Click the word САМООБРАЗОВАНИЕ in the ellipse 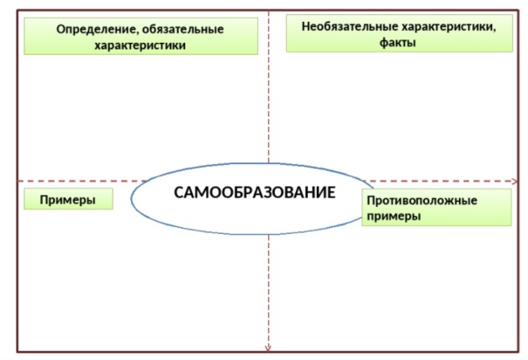click(x=254, y=193)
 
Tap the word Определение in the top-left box click(x=92, y=29)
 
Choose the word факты click(x=399, y=40)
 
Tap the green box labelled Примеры click(x=66, y=199)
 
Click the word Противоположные click(x=422, y=201)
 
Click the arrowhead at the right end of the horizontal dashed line click(x=514, y=181)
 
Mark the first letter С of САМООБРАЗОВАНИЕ click(x=179, y=193)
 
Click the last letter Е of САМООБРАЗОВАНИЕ click(x=330, y=193)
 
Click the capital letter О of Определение click(x=61, y=29)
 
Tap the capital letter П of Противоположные click(x=371, y=201)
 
